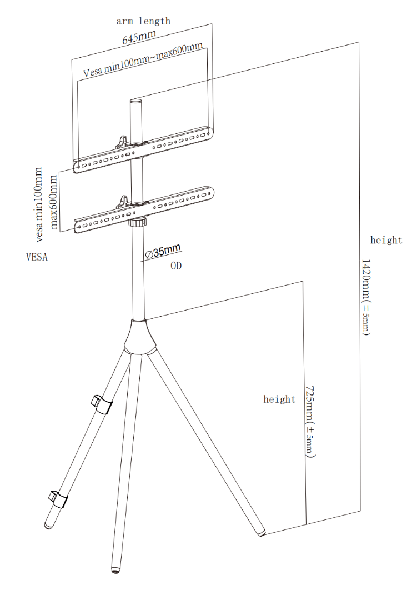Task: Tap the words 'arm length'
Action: [143, 21]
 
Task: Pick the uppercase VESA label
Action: [37, 257]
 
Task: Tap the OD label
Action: [175, 266]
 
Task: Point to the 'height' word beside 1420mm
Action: [386, 240]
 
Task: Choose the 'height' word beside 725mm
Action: [279, 399]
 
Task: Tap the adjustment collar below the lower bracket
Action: [137, 222]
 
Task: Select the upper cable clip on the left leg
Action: [101, 404]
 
